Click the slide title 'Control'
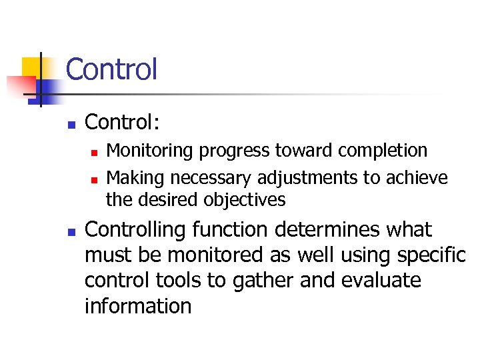(x=111, y=69)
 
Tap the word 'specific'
(x=430, y=255)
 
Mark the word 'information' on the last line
(x=138, y=306)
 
